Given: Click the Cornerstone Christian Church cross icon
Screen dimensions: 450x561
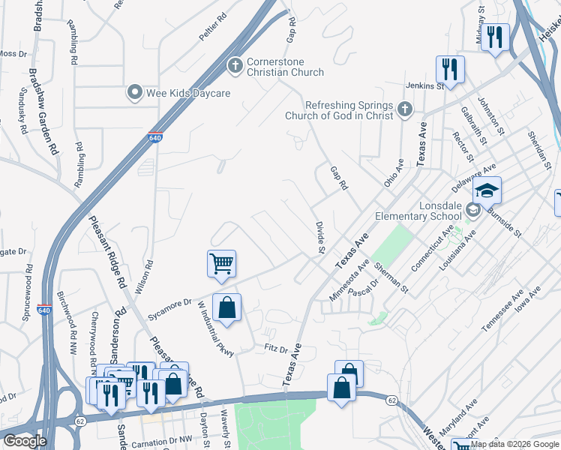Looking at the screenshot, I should point(235,65).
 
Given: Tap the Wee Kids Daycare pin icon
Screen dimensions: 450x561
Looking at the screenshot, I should point(135,93).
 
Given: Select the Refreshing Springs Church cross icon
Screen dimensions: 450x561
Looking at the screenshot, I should point(405,110).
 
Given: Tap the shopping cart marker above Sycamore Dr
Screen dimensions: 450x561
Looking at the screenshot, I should point(221,263).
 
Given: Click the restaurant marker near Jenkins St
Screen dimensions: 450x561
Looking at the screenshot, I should point(450,69).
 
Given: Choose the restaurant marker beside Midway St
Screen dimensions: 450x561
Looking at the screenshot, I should point(494,37).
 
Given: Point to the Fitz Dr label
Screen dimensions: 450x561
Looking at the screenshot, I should point(277,348).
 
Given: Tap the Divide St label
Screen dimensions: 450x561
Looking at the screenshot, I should point(320,236).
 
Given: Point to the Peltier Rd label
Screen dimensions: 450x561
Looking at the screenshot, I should point(213,26).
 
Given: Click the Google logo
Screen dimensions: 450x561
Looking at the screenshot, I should point(25,441).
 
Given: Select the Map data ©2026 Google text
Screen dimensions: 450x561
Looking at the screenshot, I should point(514,444).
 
